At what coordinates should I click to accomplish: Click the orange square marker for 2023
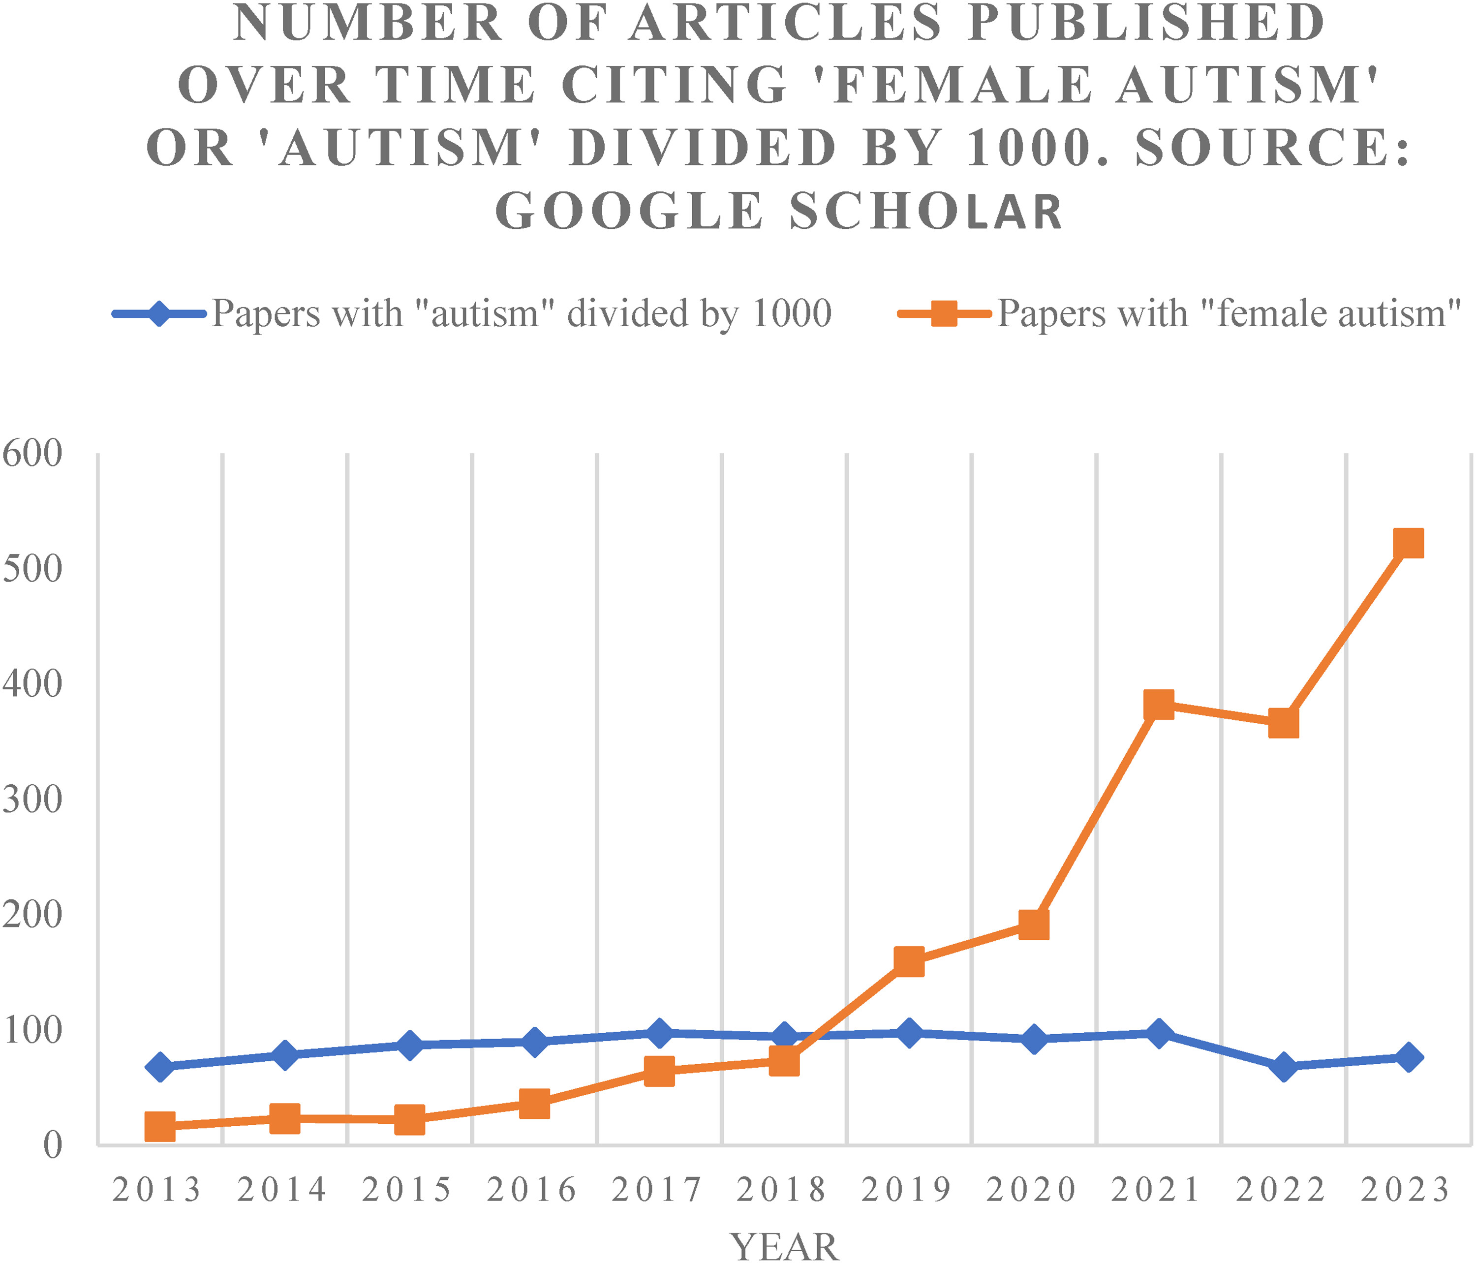(x=1408, y=544)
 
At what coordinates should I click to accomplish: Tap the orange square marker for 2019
(x=909, y=962)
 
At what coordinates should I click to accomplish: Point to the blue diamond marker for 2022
(x=1284, y=1066)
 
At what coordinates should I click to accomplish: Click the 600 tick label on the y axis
(x=32, y=453)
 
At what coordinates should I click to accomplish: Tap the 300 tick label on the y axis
(x=32, y=799)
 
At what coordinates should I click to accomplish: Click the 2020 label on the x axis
(x=1031, y=1190)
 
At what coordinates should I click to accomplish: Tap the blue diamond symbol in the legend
(x=159, y=313)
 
